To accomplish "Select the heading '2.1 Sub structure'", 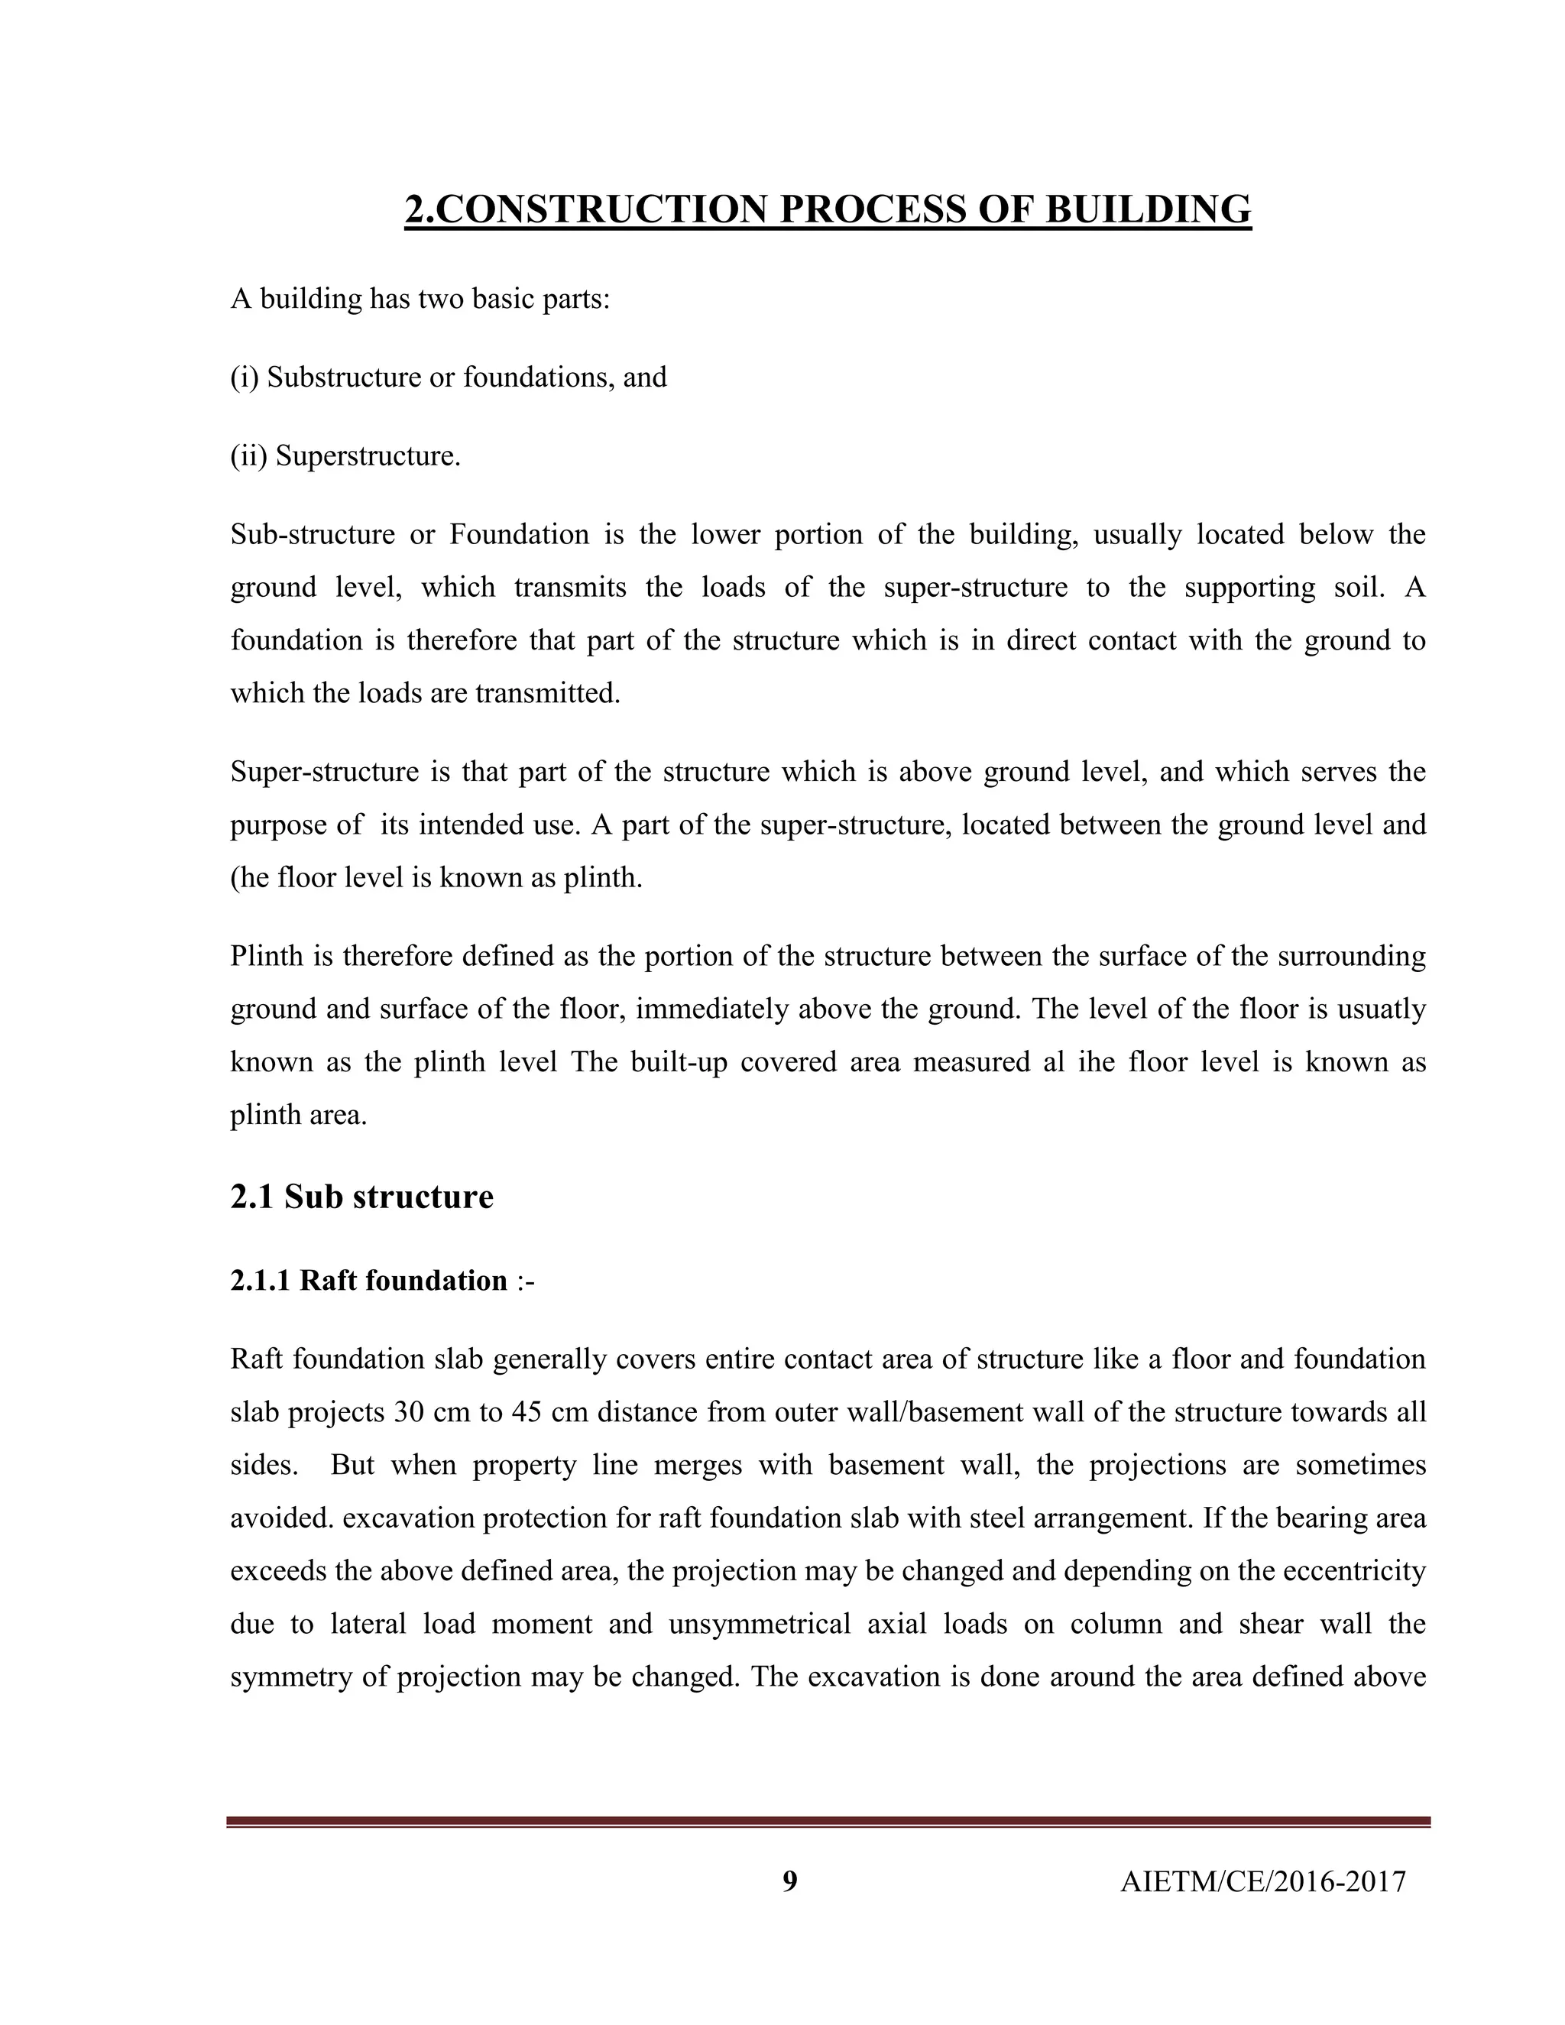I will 361,1196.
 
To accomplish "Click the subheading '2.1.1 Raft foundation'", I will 369,1281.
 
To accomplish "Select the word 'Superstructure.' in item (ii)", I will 368,456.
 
